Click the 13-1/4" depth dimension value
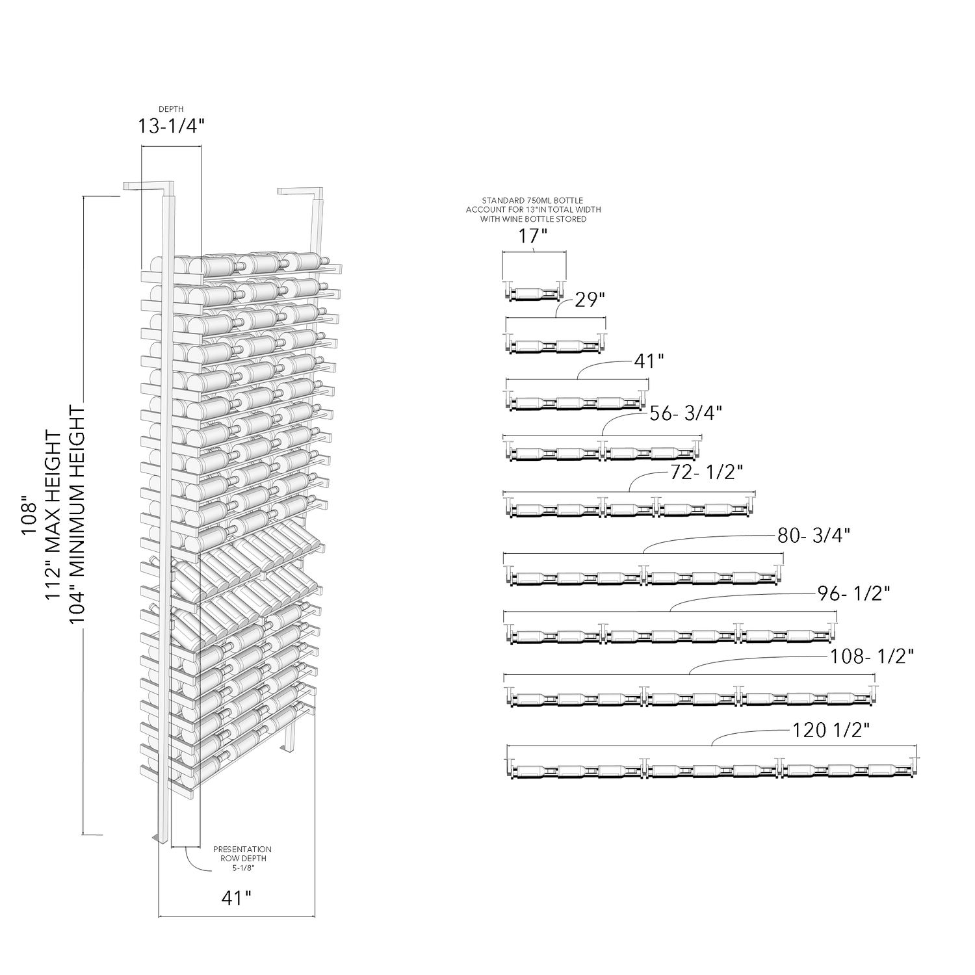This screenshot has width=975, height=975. tap(170, 126)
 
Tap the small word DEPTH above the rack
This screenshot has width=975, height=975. tap(170, 109)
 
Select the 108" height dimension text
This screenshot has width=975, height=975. tap(28, 516)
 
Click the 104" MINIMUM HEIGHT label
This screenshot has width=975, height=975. tap(77, 515)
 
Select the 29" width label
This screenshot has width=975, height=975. tap(590, 300)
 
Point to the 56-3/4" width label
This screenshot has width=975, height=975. tap(686, 413)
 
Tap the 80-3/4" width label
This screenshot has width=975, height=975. tap(814, 536)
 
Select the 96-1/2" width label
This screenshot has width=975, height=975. tap(853, 593)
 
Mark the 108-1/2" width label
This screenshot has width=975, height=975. tap(872, 657)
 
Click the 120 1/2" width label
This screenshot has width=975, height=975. tap(831, 731)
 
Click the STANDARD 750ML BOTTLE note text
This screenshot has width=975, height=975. tap(533, 209)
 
